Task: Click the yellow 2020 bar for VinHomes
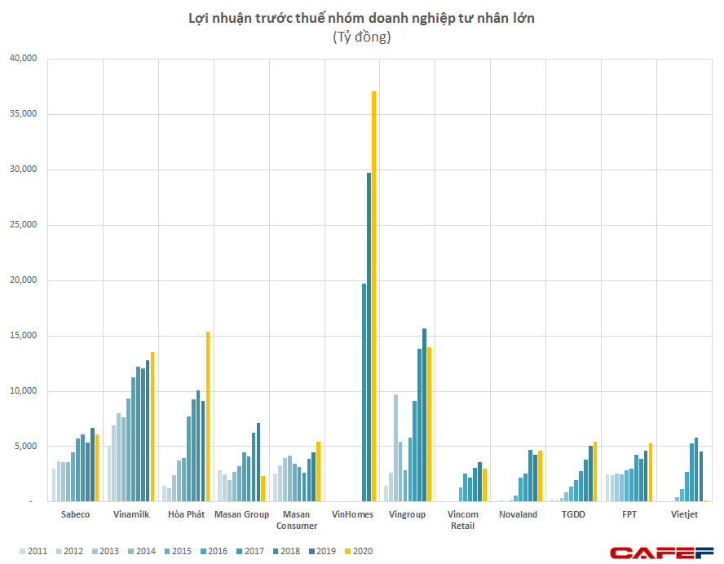(374, 297)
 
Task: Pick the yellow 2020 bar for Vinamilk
(152, 427)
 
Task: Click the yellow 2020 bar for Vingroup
(430, 425)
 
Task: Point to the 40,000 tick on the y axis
(25, 59)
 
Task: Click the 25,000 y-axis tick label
(25, 225)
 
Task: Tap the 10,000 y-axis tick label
(25, 391)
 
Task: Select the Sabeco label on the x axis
(76, 515)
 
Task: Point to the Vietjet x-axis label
(686, 515)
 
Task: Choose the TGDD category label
(574, 515)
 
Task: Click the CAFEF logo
(662, 553)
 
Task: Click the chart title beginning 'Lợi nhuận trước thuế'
(361, 18)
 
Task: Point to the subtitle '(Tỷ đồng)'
(361, 37)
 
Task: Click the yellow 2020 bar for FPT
(651, 473)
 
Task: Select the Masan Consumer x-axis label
(298, 520)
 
